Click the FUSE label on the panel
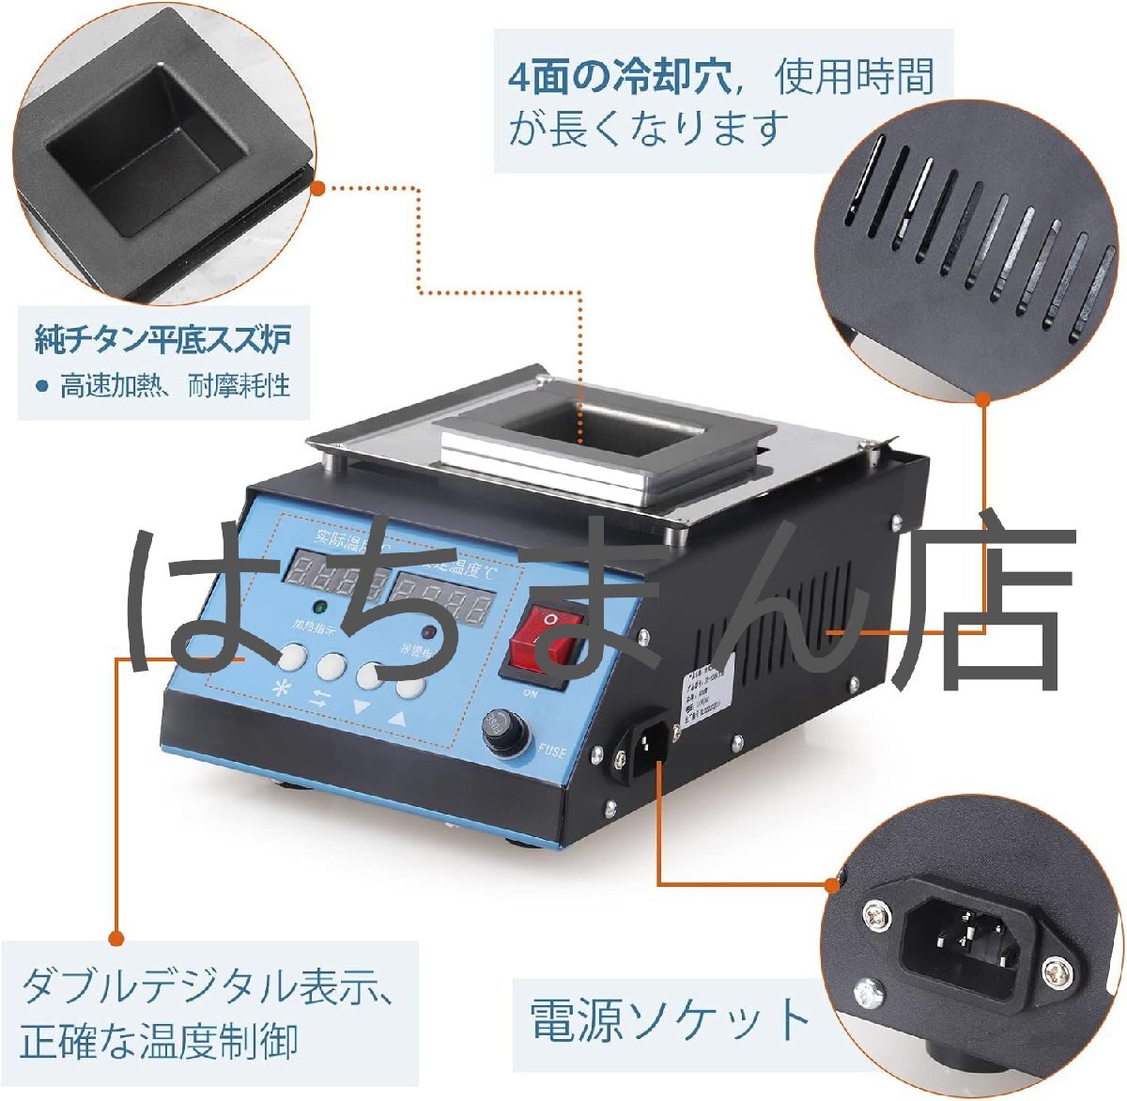pos(552,751)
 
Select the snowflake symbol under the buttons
pos(281,687)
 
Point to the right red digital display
pos(441,597)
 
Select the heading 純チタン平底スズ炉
pos(162,339)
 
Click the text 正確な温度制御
pos(159,1041)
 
